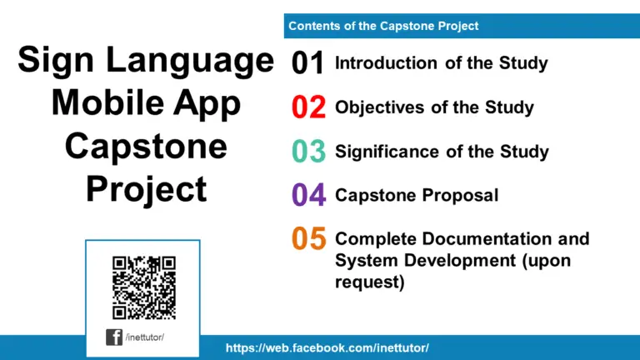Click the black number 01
tap(307, 63)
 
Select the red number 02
tap(307, 107)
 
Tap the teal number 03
tap(307, 152)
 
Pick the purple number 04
tap(307, 195)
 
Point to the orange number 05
tap(307, 239)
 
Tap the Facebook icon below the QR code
tap(113, 337)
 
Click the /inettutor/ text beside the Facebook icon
tap(145, 337)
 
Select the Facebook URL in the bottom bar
tap(327, 347)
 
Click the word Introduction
tap(386, 62)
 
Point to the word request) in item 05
tap(369, 282)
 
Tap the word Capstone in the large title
tap(146, 147)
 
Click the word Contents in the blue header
tap(313, 26)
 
